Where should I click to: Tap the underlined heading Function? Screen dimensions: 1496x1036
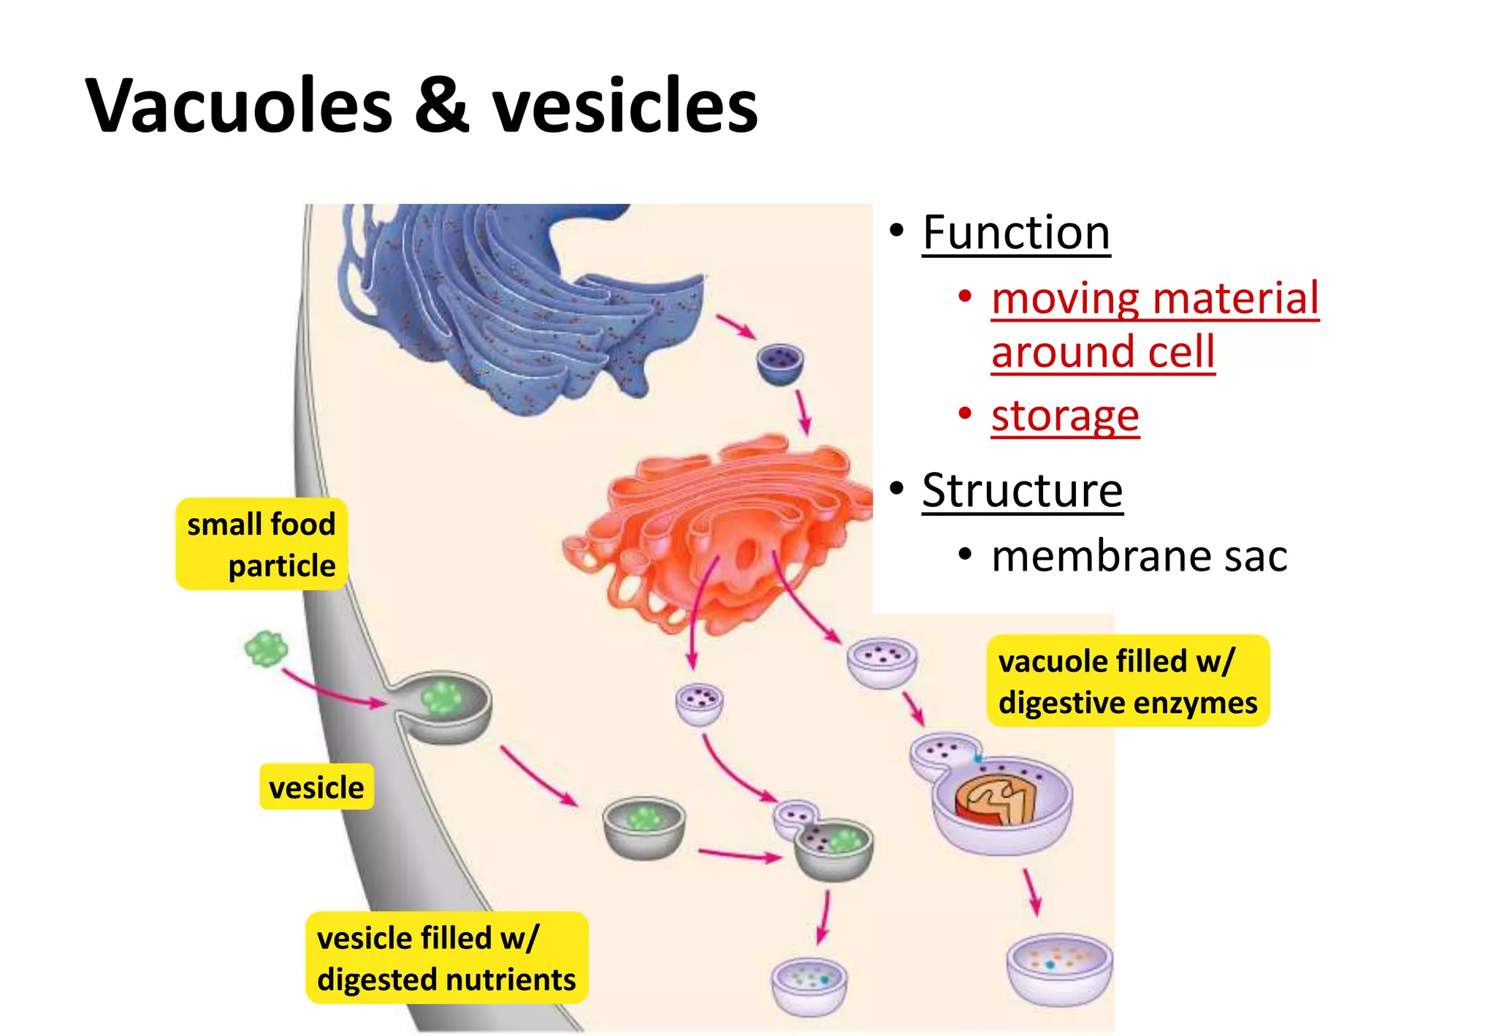tap(1015, 233)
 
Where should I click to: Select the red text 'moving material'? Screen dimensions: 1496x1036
tap(1155, 299)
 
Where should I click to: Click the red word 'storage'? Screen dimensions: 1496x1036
tap(1065, 416)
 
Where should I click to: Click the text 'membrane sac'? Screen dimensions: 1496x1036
tap(1139, 557)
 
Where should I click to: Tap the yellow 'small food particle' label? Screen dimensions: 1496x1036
tap(262, 544)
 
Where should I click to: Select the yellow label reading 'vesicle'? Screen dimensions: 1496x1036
tap(316, 787)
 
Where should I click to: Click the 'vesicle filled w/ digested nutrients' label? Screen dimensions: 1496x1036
tap(446, 958)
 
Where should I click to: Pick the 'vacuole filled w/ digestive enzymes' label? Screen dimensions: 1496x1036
tap(1127, 681)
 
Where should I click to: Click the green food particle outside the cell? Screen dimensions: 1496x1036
tap(266, 648)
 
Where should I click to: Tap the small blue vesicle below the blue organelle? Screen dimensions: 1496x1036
tap(779, 363)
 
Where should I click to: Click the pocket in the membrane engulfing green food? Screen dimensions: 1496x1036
tap(441, 704)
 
